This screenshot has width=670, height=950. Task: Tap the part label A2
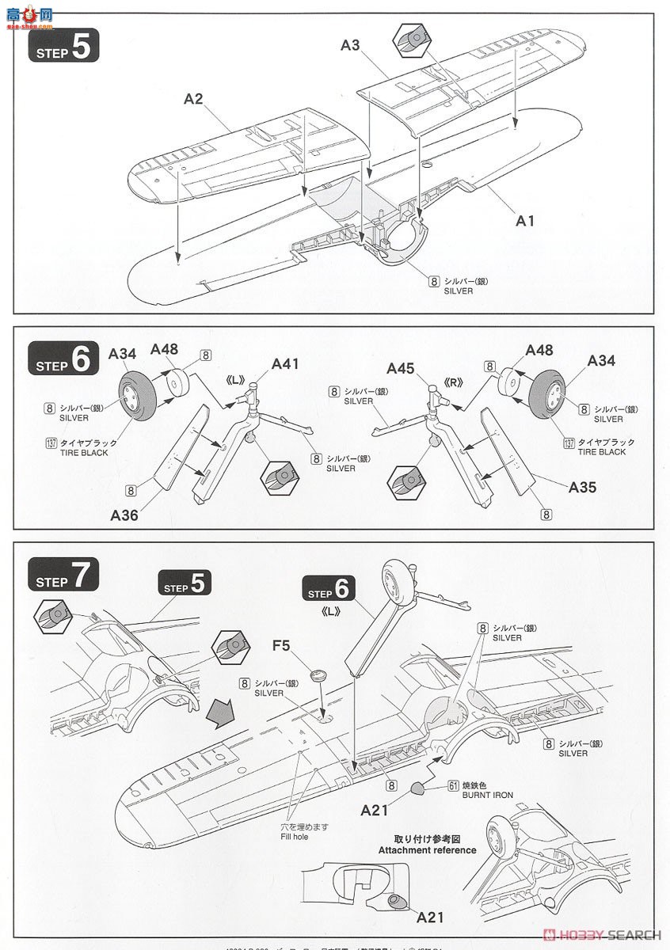coord(194,99)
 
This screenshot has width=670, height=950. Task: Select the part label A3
coord(351,46)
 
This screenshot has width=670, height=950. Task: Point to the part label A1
coord(525,221)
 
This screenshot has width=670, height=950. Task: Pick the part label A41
coord(285,364)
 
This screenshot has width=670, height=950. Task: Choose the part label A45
coord(402,367)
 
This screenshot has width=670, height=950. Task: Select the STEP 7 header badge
coord(64,576)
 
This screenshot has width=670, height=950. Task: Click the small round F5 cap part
coord(320,675)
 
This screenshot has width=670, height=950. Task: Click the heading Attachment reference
coord(427,850)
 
